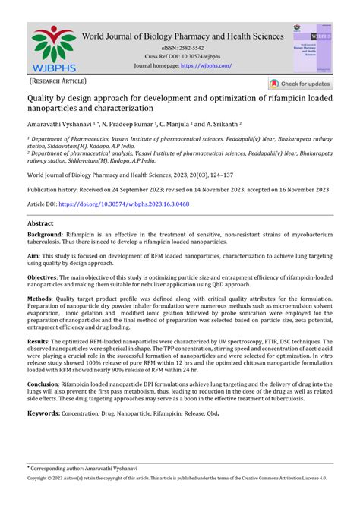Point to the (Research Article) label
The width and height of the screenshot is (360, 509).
tap(58, 81)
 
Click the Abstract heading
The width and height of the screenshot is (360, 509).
tap(40, 224)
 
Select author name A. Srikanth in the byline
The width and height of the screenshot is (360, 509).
tap(216, 123)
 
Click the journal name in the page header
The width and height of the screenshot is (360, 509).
tap(183, 35)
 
